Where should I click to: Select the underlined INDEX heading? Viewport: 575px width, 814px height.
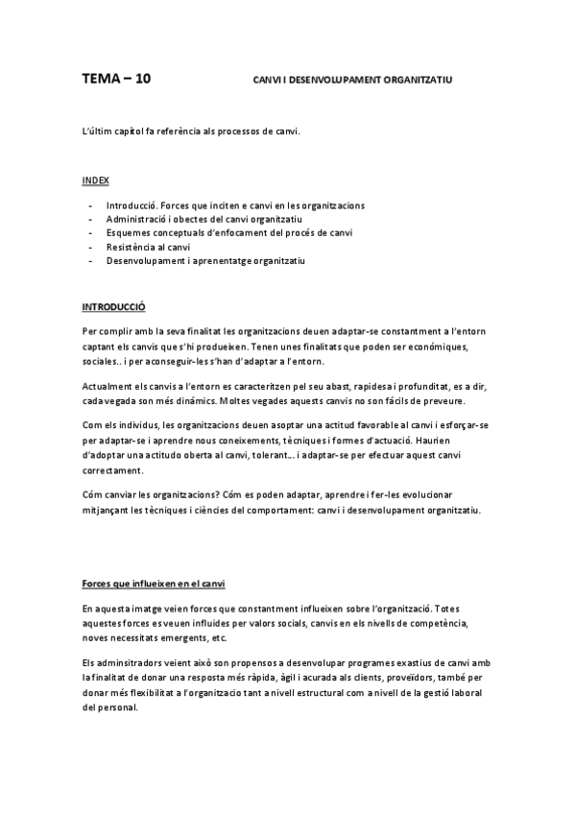(95, 180)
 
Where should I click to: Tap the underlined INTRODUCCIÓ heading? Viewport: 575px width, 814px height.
(112, 307)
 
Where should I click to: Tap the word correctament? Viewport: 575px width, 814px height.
(113, 470)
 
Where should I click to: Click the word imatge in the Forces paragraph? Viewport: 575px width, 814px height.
(146, 609)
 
